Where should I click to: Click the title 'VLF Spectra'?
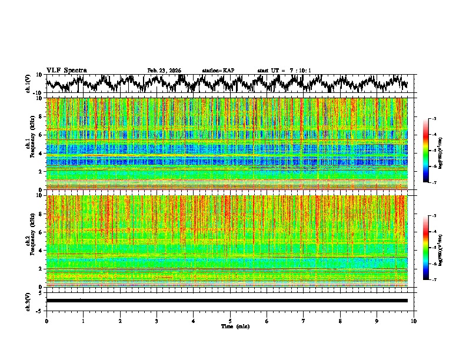66,71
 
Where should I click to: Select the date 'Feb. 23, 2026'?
164,71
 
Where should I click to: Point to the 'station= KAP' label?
218,71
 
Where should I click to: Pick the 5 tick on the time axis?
230,321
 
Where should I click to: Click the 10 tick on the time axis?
414,321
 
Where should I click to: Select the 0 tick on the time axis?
46,321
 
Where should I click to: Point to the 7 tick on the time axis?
304,321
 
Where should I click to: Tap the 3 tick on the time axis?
157,321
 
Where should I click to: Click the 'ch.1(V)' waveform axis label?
29,84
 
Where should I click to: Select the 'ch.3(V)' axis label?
29,301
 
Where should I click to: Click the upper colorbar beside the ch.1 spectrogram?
425,151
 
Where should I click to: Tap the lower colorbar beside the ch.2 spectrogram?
425,248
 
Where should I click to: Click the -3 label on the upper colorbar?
433,119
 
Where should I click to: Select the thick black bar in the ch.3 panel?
227,301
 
